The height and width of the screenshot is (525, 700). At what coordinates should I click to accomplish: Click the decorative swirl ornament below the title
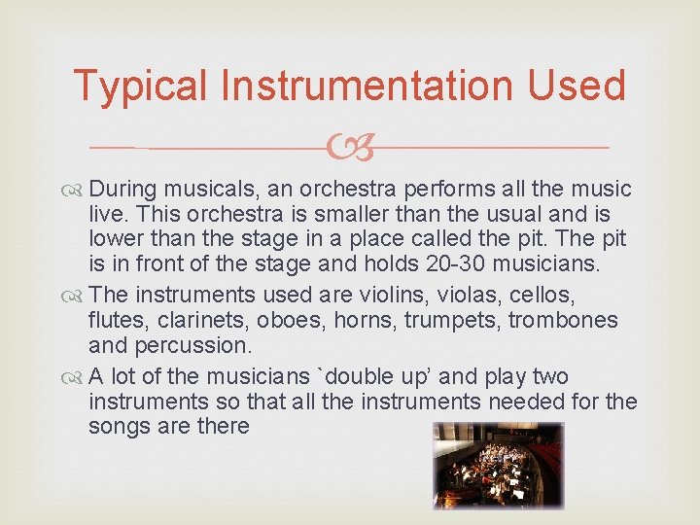(350, 148)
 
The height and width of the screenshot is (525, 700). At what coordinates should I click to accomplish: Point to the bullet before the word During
(77, 189)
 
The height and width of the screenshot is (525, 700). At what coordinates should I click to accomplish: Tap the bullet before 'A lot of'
(77, 377)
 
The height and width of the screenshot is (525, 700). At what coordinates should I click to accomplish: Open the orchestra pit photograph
(498, 467)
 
